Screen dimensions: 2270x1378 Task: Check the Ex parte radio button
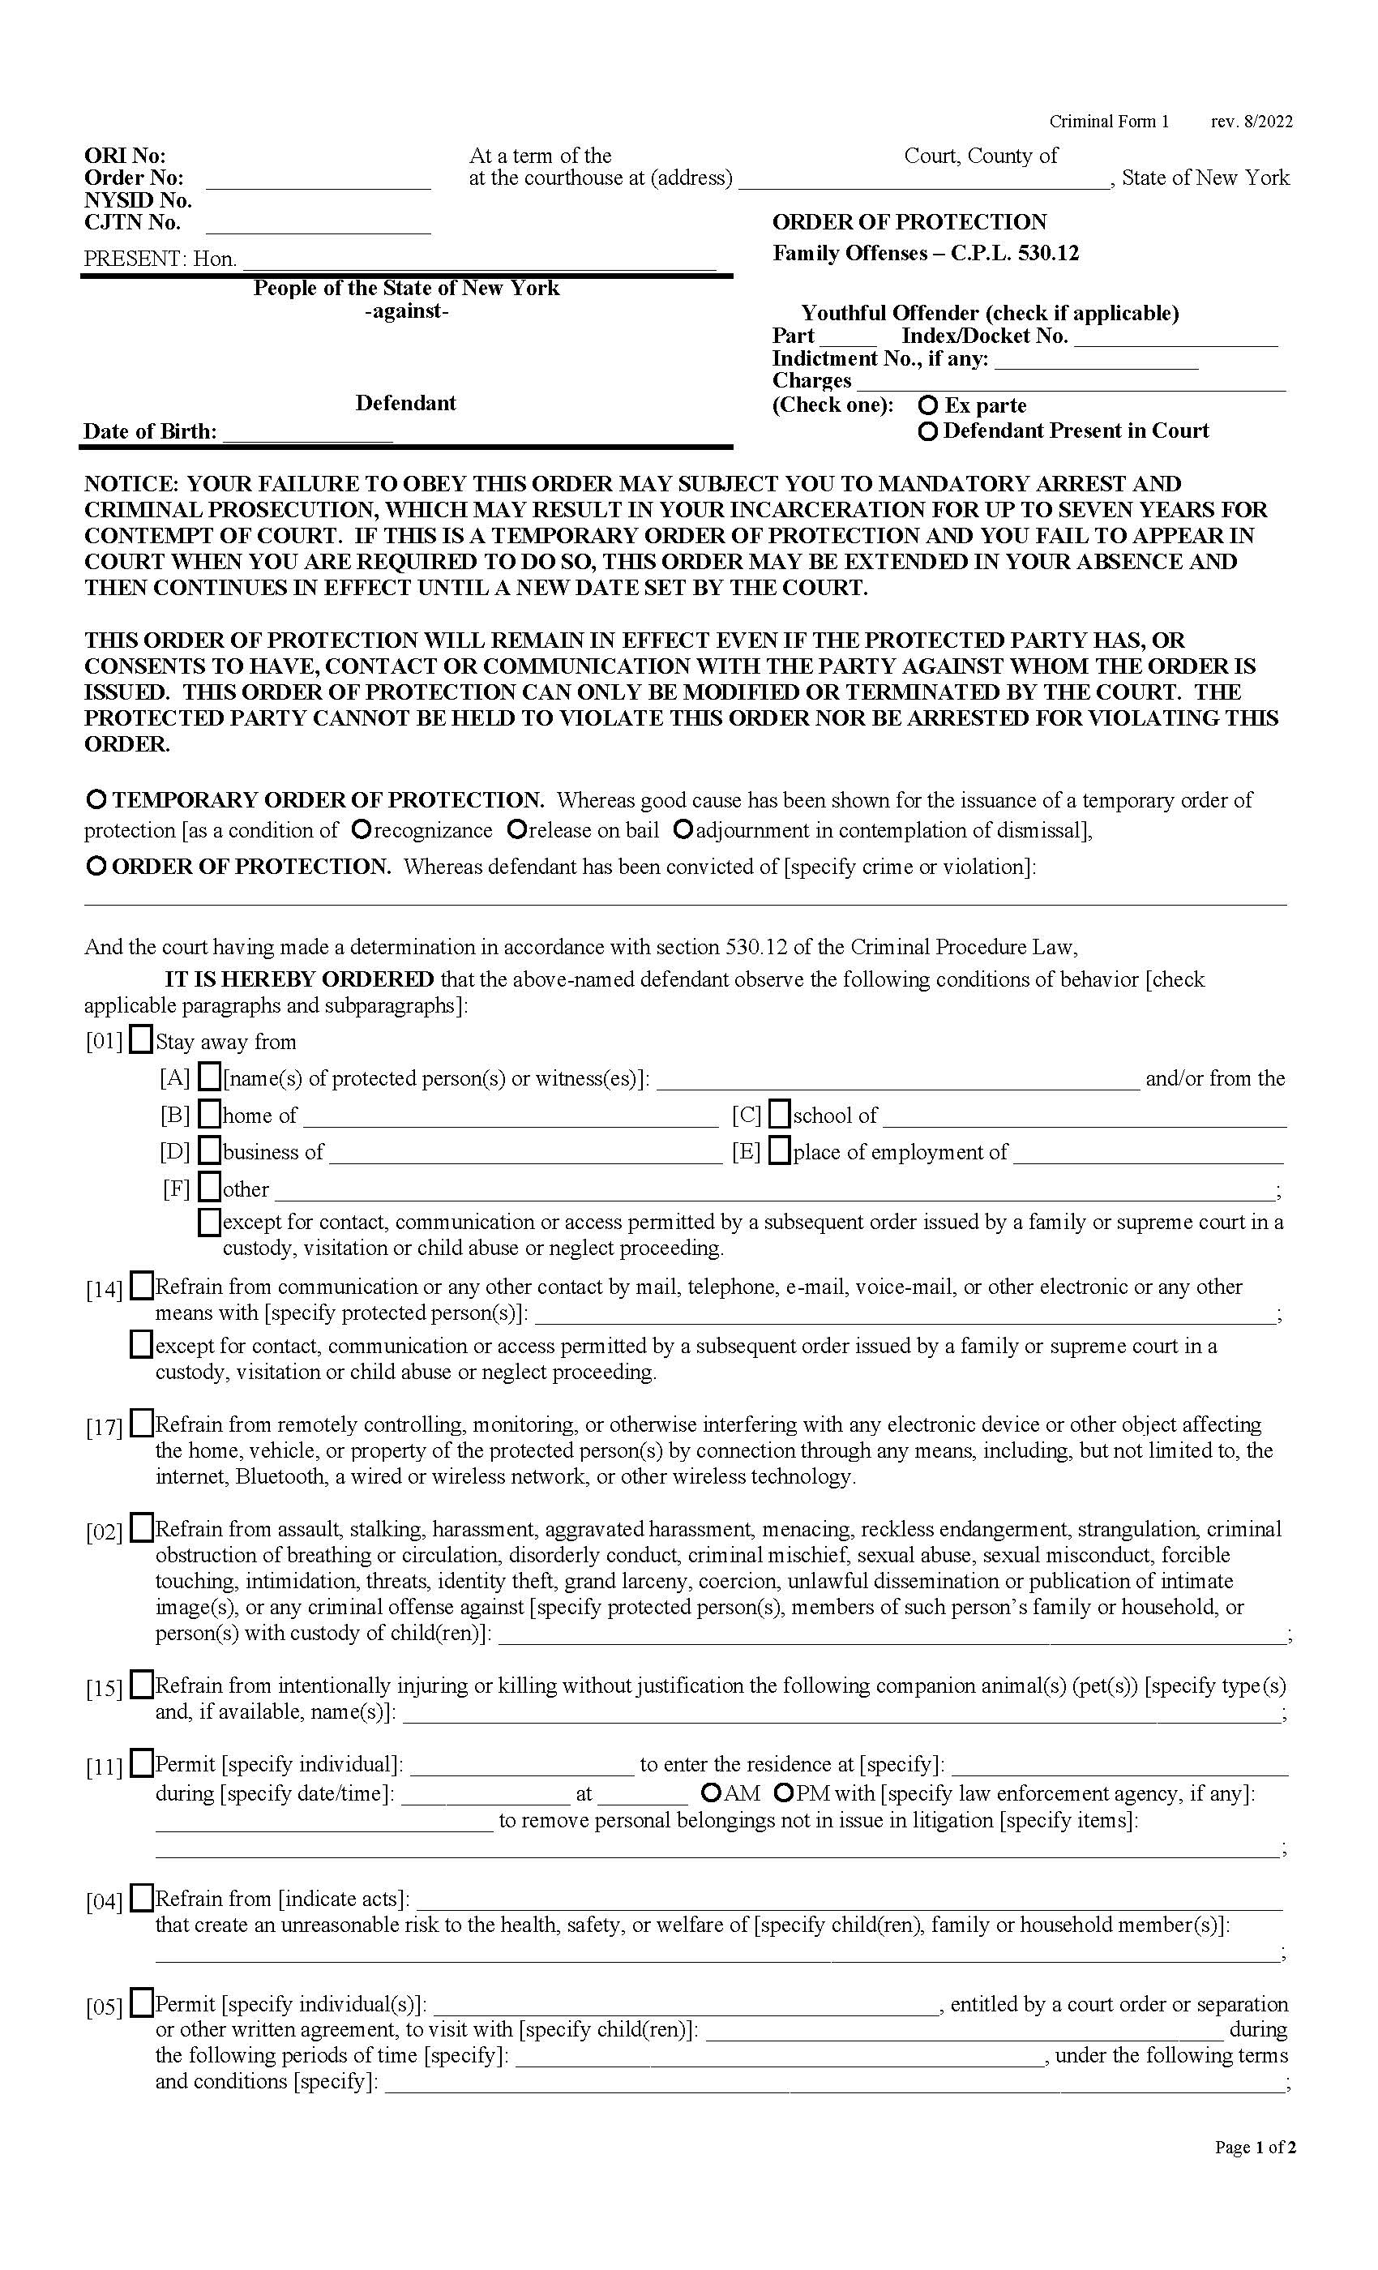928,405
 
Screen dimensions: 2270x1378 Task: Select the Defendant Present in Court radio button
928,431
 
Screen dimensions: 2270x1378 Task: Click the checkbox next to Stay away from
141,1040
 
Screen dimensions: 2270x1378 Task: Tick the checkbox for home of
210,1115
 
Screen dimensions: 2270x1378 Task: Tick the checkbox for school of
779,1115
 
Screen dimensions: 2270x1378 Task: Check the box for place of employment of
779,1151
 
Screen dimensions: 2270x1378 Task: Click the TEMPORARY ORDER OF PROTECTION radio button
95,799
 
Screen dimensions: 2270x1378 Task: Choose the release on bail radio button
517,830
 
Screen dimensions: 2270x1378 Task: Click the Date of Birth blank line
308,433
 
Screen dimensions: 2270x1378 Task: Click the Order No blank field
318,180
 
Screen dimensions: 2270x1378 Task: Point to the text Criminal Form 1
1108,122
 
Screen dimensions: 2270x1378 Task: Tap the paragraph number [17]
103,1428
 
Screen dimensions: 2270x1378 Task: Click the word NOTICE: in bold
130,484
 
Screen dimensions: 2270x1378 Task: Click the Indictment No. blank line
1095,360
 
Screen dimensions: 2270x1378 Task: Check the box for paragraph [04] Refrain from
142,1899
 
